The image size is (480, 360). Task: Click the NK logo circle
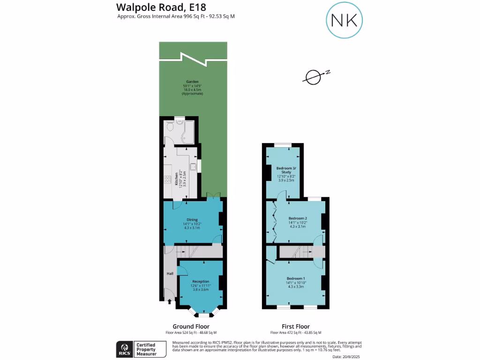pos(345,20)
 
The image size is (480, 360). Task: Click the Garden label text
pos(192,82)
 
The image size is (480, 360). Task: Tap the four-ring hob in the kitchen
pos(167,180)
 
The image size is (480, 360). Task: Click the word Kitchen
pos(177,179)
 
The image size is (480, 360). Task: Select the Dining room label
pos(192,219)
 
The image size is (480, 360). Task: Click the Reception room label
pos(201,281)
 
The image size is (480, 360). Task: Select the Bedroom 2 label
pos(298,218)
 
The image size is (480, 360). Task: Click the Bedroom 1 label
pos(295,278)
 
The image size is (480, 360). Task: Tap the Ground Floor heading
pos(191,326)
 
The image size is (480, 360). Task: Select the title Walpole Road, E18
pos(154,7)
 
